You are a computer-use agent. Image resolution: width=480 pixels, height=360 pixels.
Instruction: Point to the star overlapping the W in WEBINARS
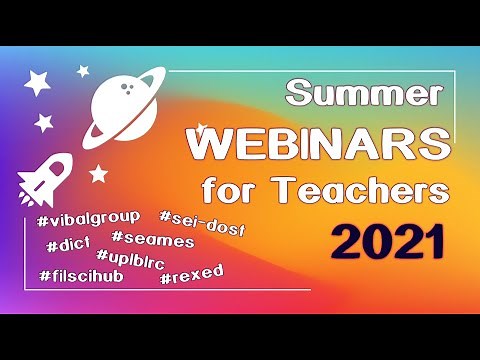pos(203,129)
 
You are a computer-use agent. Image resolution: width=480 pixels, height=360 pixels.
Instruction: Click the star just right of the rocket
pos(97,173)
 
